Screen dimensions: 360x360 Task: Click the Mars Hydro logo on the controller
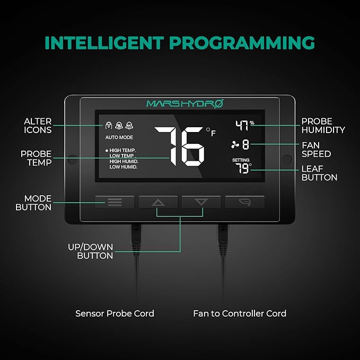tap(185, 103)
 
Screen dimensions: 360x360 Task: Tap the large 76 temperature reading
tap(180, 146)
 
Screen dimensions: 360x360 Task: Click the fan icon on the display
tap(235, 145)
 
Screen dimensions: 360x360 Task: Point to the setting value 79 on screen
tap(243, 168)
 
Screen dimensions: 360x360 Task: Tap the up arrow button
tap(158, 203)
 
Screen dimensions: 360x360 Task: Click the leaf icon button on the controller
tap(244, 202)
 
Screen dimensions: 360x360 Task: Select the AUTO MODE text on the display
tap(119, 137)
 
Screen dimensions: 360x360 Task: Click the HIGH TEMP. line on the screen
tap(122, 150)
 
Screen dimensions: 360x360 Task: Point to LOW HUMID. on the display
tap(124, 167)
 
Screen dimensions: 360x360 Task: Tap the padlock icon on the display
tap(109, 125)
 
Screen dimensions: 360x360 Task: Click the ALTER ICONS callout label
tap(38, 126)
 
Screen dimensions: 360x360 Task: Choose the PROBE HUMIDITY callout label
tap(323, 126)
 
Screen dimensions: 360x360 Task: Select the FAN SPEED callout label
tap(316, 150)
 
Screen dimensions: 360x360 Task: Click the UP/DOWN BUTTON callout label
tap(91, 251)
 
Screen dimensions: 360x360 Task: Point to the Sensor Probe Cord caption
tap(115, 313)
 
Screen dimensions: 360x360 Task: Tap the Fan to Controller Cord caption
tap(240, 313)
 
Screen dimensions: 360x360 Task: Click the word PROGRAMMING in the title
tap(242, 43)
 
